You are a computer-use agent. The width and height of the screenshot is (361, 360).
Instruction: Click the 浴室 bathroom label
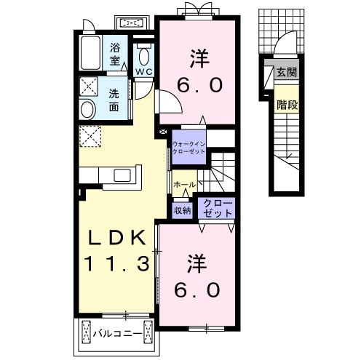115,54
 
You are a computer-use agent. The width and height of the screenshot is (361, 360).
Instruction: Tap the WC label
144,72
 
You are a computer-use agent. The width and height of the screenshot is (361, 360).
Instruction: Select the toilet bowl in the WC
144,57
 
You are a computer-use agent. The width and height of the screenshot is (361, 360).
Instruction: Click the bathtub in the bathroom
90,52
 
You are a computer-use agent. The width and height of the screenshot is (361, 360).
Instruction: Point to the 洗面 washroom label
114,100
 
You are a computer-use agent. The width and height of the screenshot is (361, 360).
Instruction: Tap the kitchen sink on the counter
122,175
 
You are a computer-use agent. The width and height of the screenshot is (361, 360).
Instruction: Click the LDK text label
117,237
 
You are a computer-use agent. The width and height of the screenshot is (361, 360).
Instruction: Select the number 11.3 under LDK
116,263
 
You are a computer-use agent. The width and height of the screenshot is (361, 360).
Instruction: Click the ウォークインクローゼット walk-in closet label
189,148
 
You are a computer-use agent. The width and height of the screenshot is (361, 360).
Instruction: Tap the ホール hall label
185,185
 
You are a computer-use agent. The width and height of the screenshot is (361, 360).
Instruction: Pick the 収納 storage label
183,210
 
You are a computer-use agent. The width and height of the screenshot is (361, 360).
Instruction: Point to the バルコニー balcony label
118,334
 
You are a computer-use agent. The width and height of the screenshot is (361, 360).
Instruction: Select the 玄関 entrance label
287,72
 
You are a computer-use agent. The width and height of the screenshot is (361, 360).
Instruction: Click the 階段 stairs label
287,105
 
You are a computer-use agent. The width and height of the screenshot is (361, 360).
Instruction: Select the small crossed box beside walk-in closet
163,132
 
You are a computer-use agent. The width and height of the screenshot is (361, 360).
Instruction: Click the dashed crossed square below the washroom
90,136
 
